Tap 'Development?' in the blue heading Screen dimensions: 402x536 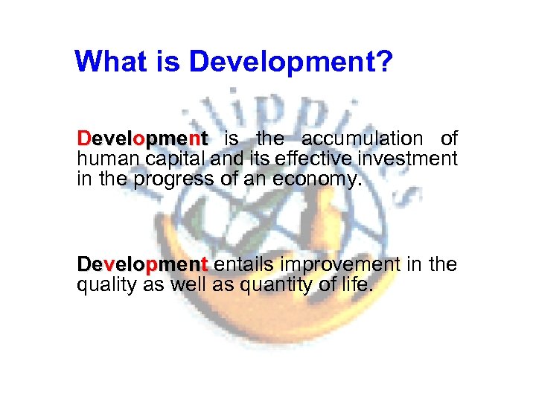pos(290,63)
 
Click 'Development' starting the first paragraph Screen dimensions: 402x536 pos(141,138)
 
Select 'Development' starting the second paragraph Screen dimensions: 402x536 pos(141,264)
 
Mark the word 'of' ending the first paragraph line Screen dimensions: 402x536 pos(448,138)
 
